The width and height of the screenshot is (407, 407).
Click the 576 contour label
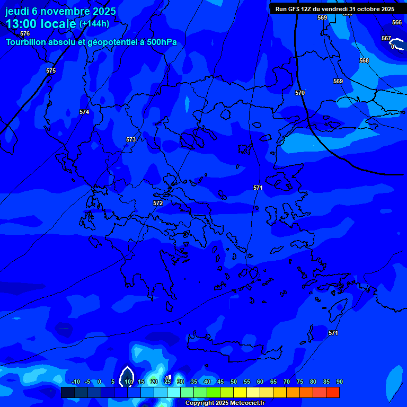click(25, 33)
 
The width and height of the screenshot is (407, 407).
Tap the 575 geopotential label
click(51, 70)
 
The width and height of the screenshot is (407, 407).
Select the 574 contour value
click(84, 112)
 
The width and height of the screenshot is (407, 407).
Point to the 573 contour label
click(131, 139)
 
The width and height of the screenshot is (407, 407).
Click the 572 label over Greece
click(158, 203)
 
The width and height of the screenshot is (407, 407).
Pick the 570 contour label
click(300, 93)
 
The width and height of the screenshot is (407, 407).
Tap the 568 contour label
click(364, 60)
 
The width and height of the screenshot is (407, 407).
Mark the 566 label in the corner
click(397, 22)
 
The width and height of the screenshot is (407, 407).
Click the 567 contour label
click(386, 38)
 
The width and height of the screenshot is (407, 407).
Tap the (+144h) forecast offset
click(94, 24)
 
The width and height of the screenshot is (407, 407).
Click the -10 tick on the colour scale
click(75, 382)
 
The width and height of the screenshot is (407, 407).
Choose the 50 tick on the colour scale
click(234, 382)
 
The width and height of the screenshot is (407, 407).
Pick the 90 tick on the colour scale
click(339, 382)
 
